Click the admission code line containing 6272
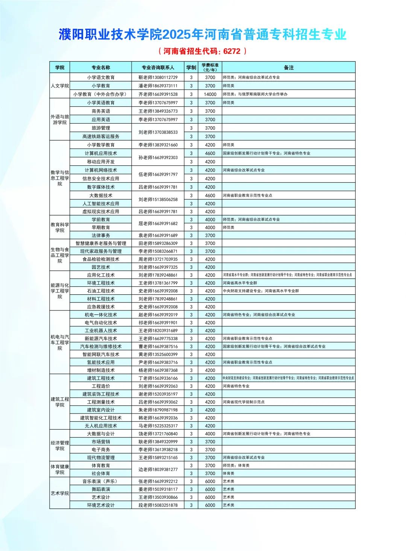[203, 51]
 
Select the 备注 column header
[288, 68]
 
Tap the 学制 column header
[191, 68]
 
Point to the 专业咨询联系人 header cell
[158, 68]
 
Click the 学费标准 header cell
[210, 67]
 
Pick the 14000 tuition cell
[210, 94]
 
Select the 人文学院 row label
[60, 86]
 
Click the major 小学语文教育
[101, 77]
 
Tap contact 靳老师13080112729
[158, 77]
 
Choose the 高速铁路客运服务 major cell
[101, 136]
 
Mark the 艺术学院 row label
[60, 493]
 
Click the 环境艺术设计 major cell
[101, 505]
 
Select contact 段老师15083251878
[158, 505]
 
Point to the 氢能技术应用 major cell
[101, 362]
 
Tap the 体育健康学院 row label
[60, 469]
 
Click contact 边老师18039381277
[158, 469]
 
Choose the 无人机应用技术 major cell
[101, 426]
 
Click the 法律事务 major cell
[101, 235]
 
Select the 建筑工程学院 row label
[60, 402]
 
